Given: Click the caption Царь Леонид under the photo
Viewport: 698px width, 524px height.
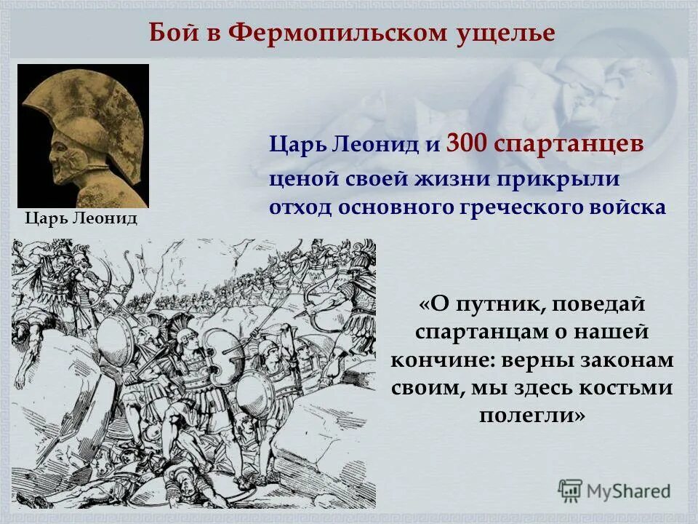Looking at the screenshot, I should coord(81,218).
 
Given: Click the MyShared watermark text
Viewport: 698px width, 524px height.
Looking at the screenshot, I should coord(629,491).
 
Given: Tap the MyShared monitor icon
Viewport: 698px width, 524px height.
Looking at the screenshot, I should coord(571,490).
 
